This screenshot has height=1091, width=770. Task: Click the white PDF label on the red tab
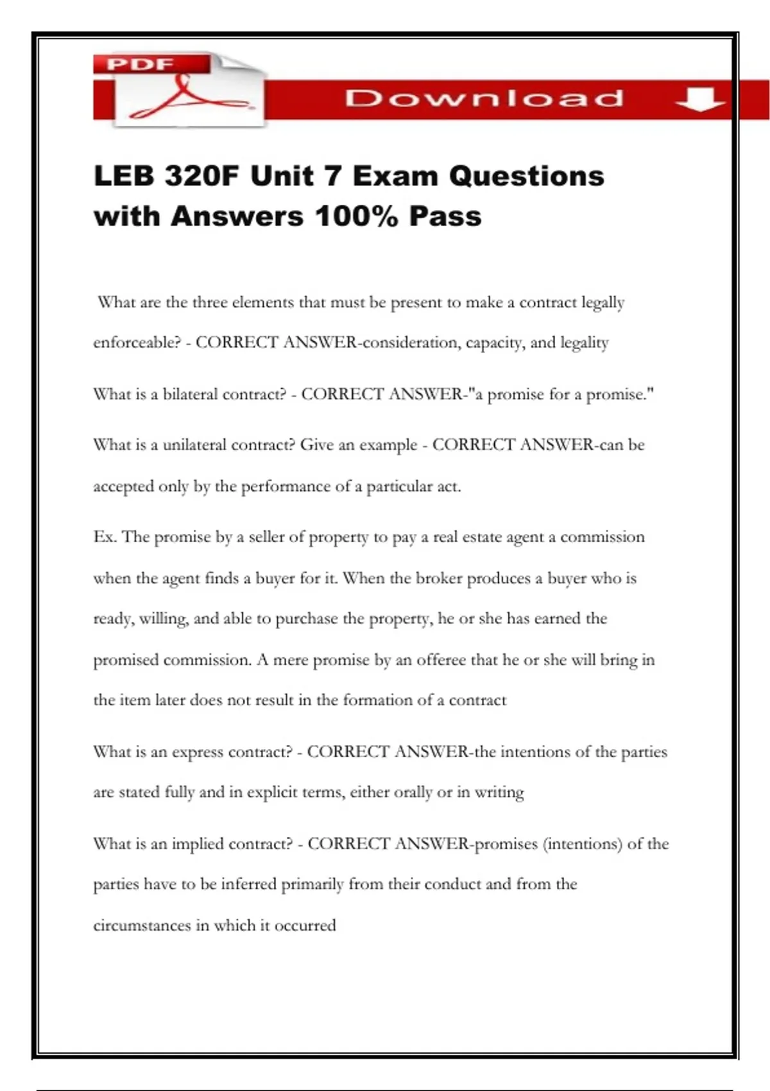pos(140,64)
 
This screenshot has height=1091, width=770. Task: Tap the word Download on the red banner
pos(484,98)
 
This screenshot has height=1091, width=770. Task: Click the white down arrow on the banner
pos(700,99)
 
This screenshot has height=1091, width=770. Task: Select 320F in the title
pos(201,176)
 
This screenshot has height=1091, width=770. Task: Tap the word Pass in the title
pos(445,216)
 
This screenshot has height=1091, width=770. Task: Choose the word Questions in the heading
pos(526,176)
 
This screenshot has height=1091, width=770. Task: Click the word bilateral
pos(191,394)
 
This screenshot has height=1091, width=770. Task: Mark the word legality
pos(585,343)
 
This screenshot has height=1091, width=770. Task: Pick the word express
pos(198,752)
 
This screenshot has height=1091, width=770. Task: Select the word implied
pos(198,844)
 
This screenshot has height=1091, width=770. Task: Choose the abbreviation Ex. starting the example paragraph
pos(105,537)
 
